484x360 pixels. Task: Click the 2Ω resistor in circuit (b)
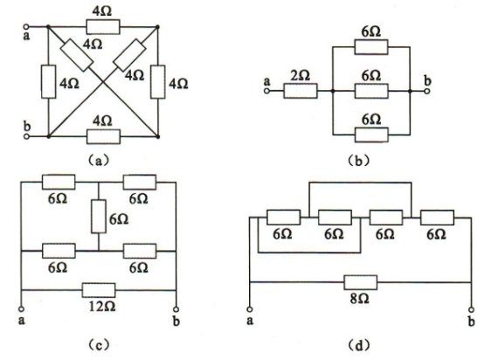(x=301, y=91)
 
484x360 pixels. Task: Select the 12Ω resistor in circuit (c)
(x=99, y=290)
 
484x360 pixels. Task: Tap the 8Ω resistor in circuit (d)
(x=361, y=282)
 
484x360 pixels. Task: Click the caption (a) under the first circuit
(x=99, y=161)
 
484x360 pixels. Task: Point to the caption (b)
(x=358, y=161)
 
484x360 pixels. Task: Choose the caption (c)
(x=99, y=344)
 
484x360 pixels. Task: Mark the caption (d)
(x=358, y=344)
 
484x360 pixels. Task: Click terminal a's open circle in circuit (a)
(x=26, y=27)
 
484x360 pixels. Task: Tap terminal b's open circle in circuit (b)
(x=427, y=91)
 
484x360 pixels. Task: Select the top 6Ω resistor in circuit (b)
(x=371, y=47)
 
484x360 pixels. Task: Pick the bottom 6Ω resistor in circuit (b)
(x=371, y=135)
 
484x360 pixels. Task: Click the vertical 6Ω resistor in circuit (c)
(x=99, y=216)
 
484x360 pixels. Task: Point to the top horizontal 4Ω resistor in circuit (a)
(x=103, y=27)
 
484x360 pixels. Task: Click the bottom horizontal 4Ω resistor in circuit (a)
(x=103, y=136)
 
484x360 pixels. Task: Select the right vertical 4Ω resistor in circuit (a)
(x=158, y=82)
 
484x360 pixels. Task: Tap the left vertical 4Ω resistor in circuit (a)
(x=48, y=82)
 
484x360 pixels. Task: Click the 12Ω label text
(x=102, y=307)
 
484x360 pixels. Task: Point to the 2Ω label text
(x=301, y=75)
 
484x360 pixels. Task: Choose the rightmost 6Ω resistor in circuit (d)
(x=437, y=218)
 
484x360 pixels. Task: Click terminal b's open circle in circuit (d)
(x=471, y=309)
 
